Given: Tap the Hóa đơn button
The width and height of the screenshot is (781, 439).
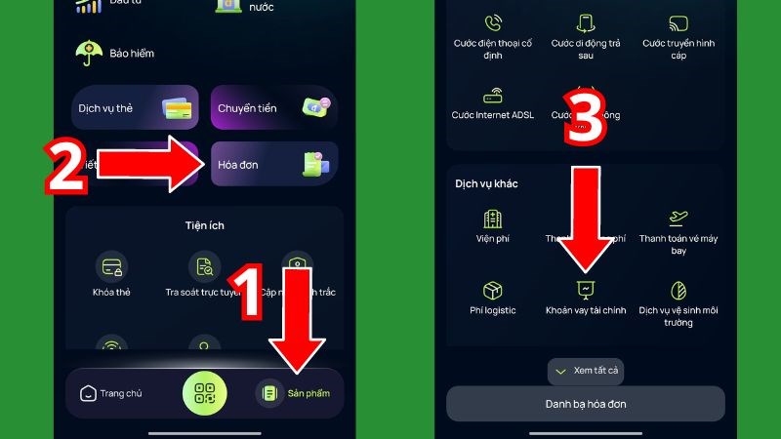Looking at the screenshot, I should (x=274, y=165).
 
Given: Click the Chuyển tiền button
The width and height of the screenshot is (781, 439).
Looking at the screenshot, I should (x=274, y=107).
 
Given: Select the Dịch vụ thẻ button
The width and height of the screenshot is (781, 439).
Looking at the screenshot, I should (x=135, y=107).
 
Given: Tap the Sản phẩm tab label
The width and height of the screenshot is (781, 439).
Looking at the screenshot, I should (x=308, y=393).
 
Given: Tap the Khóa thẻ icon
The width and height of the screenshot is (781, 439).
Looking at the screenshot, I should (x=110, y=265).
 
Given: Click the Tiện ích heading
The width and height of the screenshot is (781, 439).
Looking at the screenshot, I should (x=204, y=225).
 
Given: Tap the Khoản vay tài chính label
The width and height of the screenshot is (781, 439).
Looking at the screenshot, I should (x=586, y=310).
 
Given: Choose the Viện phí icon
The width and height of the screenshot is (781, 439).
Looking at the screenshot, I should (x=492, y=219).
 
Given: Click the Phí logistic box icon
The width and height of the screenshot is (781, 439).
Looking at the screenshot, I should (x=492, y=290).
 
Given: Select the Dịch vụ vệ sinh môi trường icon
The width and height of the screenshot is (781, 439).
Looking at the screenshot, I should (x=678, y=290).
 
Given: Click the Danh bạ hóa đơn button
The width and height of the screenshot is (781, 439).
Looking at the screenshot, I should (x=586, y=403).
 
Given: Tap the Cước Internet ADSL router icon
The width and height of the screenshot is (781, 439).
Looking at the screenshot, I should (x=492, y=96).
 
